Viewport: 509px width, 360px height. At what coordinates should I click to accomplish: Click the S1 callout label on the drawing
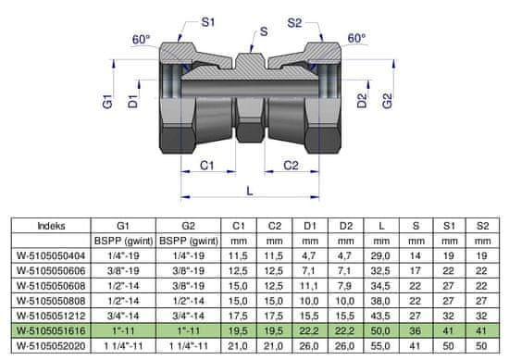[207, 23]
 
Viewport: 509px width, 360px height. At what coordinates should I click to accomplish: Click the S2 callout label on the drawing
[294, 23]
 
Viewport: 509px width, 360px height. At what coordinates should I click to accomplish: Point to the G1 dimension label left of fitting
[107, 102]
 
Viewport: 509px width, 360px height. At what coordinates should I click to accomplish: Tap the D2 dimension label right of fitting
[362, 101]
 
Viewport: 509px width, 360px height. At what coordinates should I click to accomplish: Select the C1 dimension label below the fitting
[206, 166]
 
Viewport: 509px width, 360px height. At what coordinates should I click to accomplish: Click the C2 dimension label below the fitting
[291, 166]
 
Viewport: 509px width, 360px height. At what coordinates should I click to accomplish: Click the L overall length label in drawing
[249, 191]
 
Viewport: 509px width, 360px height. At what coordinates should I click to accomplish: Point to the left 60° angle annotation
[142, 40]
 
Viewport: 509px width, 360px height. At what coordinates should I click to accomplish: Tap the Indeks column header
[51, 226]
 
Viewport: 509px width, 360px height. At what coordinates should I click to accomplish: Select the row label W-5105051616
[51, 330]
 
